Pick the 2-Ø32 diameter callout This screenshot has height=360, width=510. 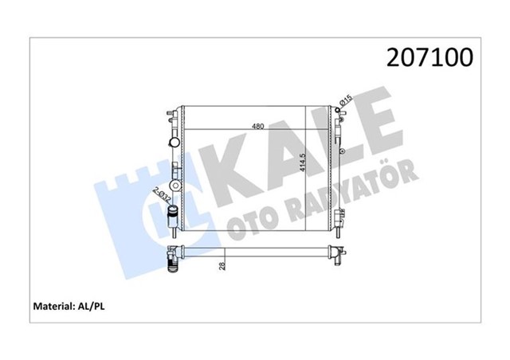160,194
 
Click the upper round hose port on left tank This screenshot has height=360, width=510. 174,141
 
